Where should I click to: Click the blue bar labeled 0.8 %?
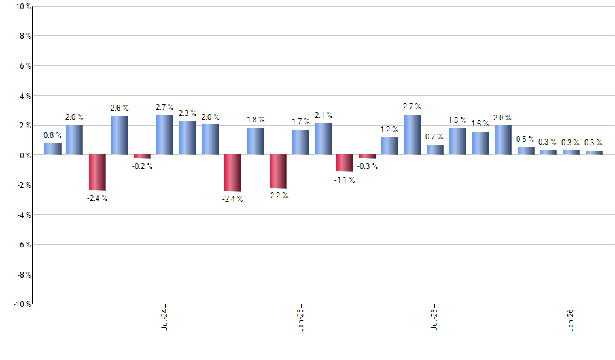click(x=53, y=149)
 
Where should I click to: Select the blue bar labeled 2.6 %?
click(x=120, y=135)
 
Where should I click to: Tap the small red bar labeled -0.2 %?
click(x=143, y=157)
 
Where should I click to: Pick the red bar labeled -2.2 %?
click(x=278, y=171)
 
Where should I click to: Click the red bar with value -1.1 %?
click(x=345, y=163)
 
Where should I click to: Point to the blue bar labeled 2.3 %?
click(x=188, y=138)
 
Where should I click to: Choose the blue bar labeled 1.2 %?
click(x=390, y=146)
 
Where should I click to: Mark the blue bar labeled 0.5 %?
click(x=525, y=151)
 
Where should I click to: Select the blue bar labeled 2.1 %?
click(x=323, y=139)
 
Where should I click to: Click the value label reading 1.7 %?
click(x=301, y=122)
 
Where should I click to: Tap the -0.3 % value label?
click(x=368, y=166)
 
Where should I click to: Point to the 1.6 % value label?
click(x=480, y=124)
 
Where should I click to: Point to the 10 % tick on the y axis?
click(x=22, y=7)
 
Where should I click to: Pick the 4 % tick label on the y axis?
click(x=24, y=96)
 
